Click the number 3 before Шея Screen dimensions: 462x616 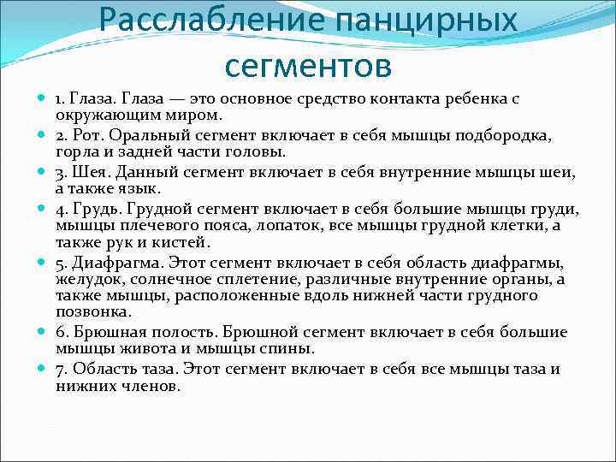point(61,172)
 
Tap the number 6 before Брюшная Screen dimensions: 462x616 point(61,332)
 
